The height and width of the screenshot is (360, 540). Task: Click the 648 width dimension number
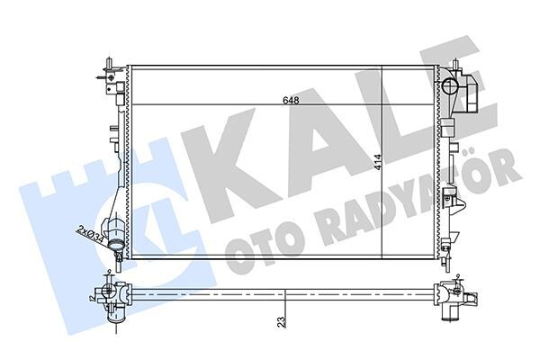pyautogui.click(x=290, y=100)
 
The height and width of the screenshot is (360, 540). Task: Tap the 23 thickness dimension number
pyautogui.click(x=283, y=320)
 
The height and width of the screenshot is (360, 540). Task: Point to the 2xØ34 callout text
pyautogui.click(x=90, y=233)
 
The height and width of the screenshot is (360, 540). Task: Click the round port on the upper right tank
pyautogui.click(x=451, y=87)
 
